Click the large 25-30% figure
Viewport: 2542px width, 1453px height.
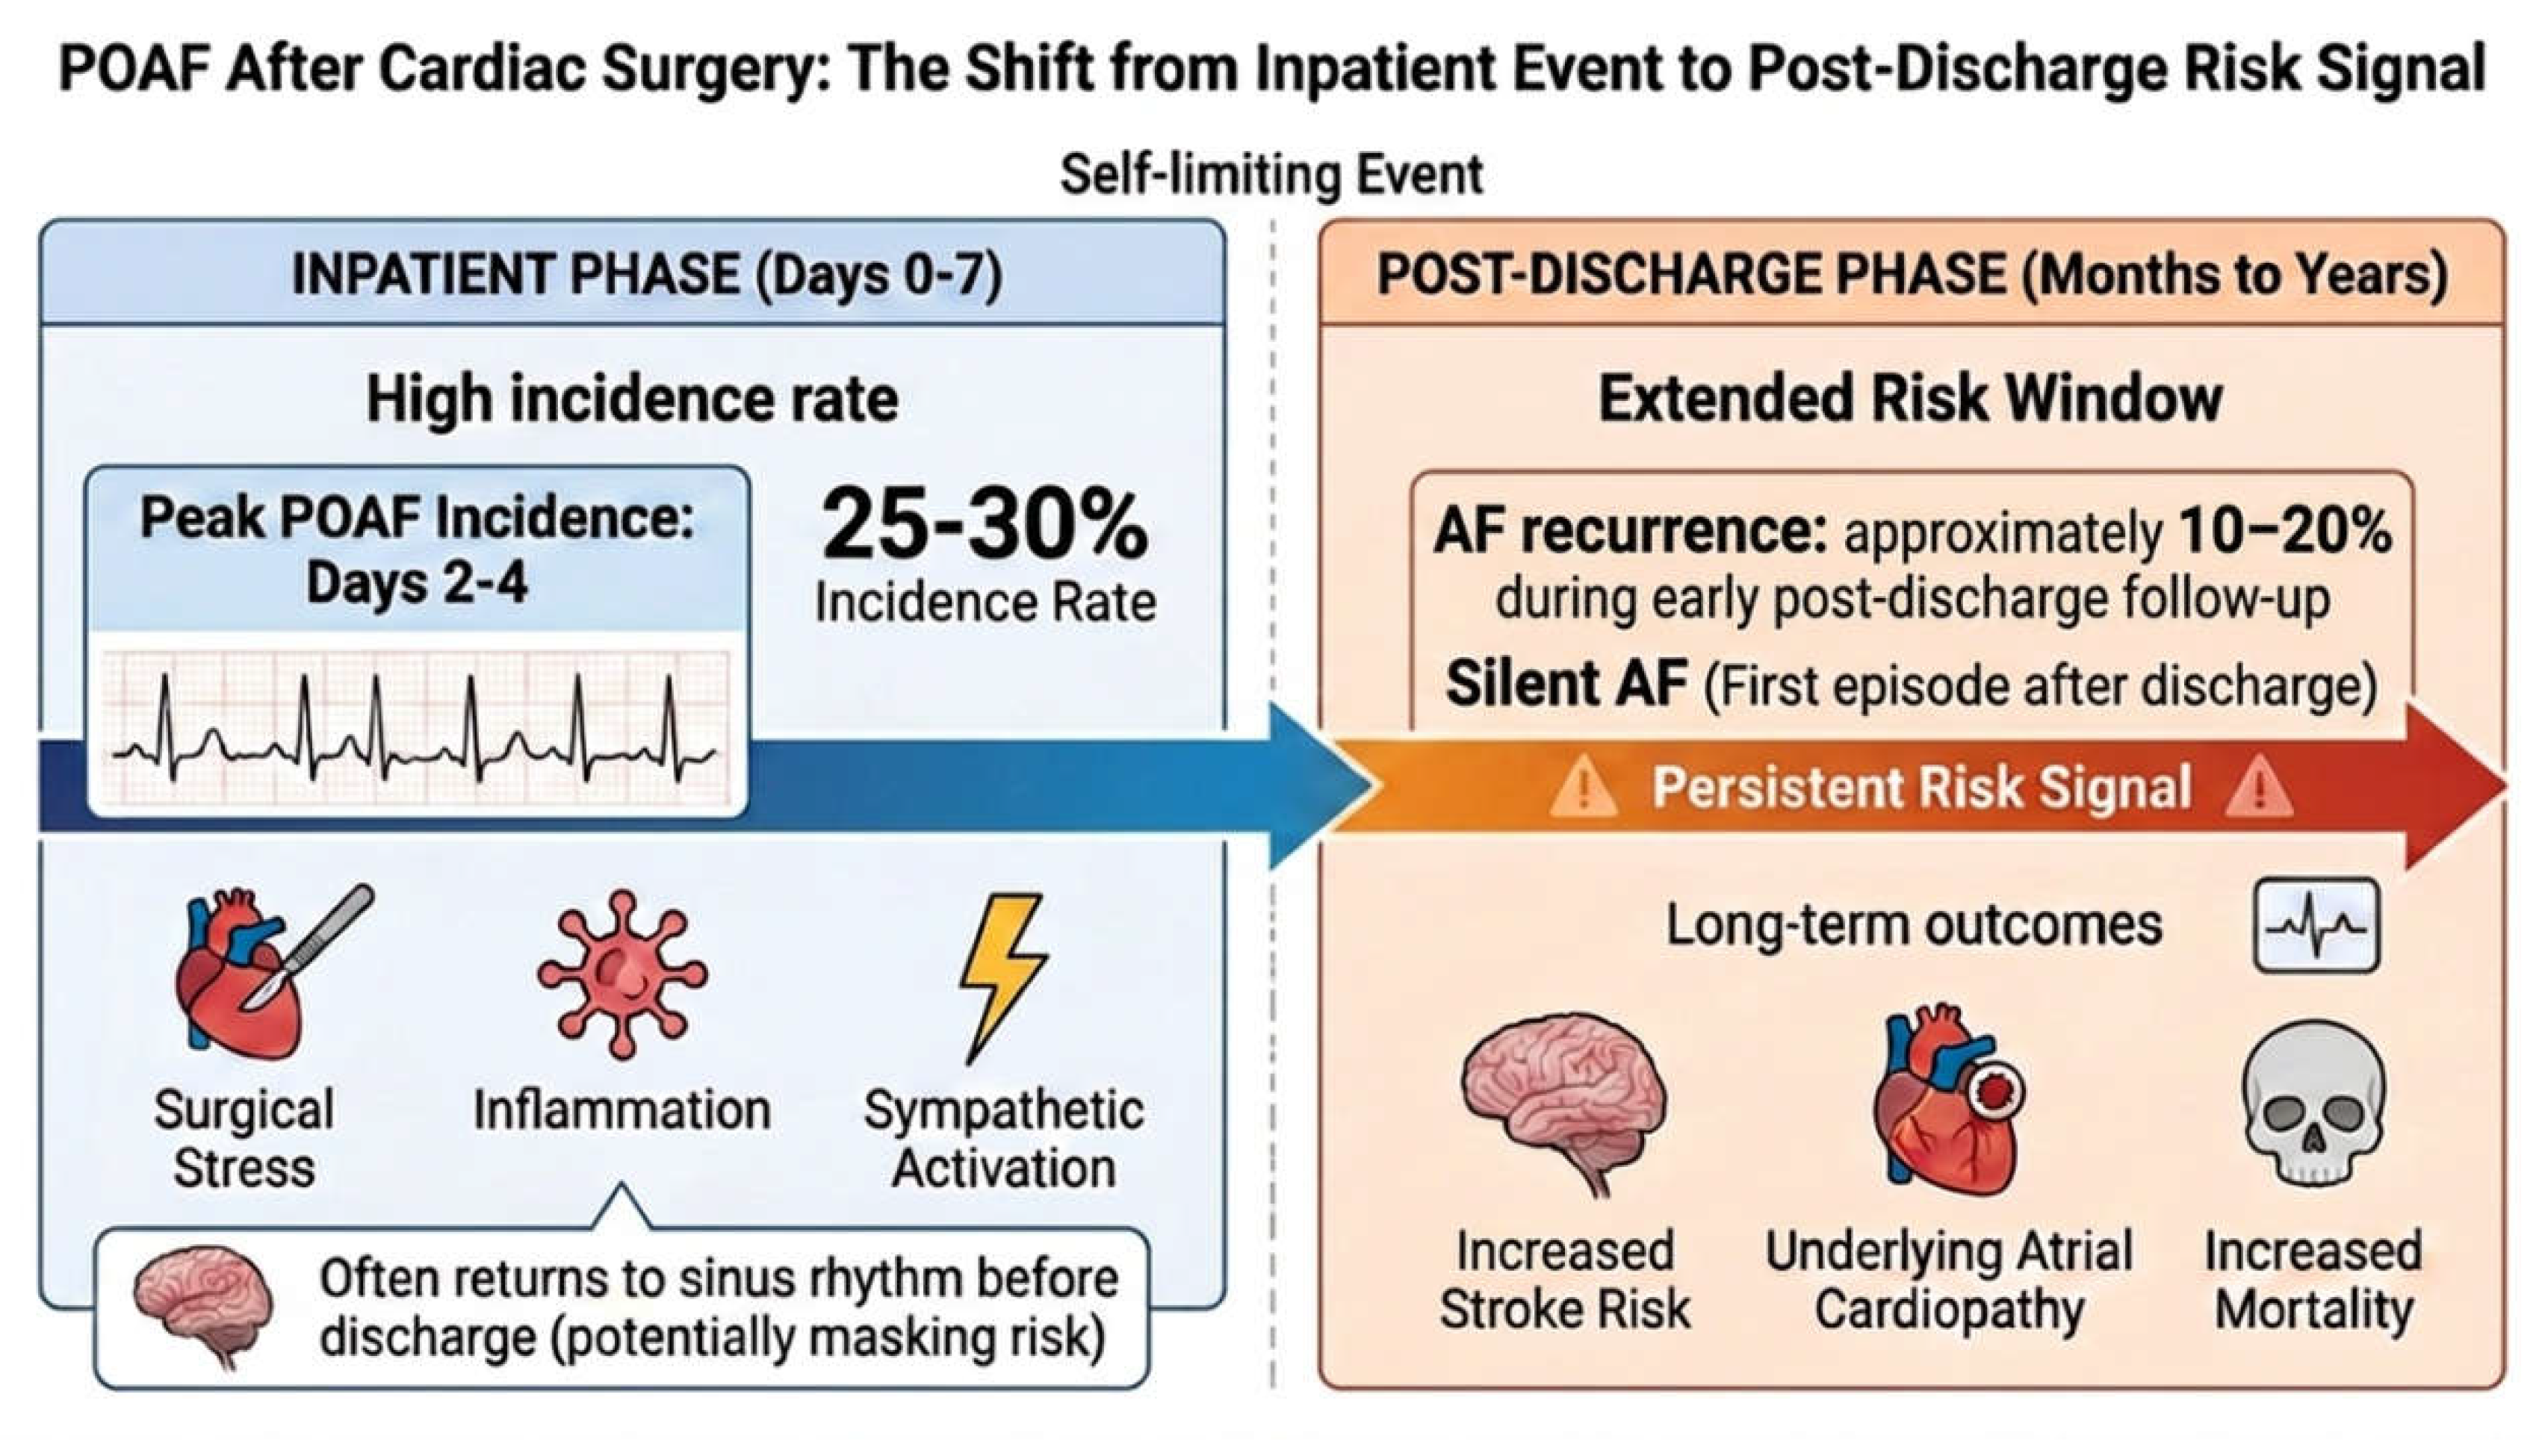[985, 525]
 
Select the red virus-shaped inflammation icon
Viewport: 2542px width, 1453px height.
[623, 974]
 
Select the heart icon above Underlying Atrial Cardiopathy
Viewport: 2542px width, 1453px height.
[1946, 1101]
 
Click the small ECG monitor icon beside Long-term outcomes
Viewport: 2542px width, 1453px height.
[2316, 925]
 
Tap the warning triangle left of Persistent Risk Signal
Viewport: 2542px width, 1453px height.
[1583, 788]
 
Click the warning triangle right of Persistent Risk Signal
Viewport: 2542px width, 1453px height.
[2260, 788]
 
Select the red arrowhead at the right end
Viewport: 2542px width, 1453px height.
[2455, 786]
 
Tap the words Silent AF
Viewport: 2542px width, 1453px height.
[1565, 685]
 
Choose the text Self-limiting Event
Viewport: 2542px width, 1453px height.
[1271, 175]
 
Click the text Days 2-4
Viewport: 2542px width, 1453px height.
[416, 583]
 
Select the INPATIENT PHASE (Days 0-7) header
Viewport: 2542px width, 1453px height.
[647, 275]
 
